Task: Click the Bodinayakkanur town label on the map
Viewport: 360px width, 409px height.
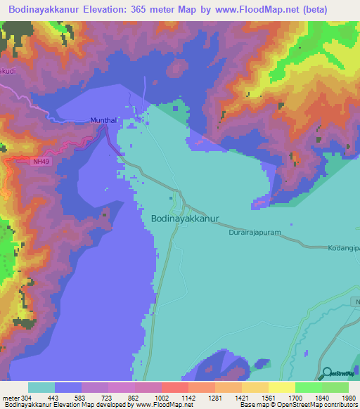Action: [185, 219]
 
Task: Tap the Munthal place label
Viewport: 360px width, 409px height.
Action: [104, 121]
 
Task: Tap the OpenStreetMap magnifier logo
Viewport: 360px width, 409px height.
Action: [326, 373]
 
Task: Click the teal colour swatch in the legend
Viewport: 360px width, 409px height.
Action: [41, 387]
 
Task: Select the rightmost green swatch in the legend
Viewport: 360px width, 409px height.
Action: [335, 387]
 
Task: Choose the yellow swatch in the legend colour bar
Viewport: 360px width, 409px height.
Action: [282, 387]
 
